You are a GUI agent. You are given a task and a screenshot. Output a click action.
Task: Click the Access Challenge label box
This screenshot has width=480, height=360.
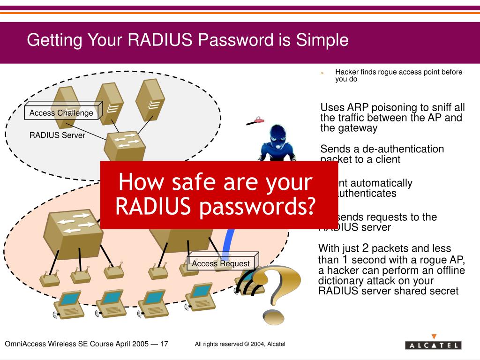(x=61, y=113)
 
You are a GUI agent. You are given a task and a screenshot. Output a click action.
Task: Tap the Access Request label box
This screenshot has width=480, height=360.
(x=221, y=263)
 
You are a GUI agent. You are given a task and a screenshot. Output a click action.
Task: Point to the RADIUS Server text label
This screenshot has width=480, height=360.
(x=57, y=135)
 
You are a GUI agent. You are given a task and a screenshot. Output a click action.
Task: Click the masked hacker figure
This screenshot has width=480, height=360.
(x=277, y=143)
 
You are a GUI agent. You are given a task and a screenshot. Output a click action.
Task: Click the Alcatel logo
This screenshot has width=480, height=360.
(x=433, y=345)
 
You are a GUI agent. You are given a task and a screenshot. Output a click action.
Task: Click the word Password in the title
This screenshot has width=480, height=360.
(x=234, y=40)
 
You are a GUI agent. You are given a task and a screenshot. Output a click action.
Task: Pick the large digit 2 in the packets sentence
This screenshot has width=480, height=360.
(x=366, y=247)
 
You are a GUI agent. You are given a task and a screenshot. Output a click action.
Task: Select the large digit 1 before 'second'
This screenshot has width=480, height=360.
(x=345, y=259)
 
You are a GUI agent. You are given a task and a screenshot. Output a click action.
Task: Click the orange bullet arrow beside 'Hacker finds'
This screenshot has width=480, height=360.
(x=322, y=73)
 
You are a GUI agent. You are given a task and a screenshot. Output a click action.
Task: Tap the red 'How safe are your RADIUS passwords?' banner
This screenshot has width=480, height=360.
(x=219, y=195)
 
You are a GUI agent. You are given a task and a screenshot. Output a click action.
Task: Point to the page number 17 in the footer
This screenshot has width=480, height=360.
(x=164, y=344)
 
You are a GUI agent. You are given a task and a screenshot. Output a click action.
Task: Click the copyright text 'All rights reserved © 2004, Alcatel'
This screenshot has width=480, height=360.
(x=240, y=344)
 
